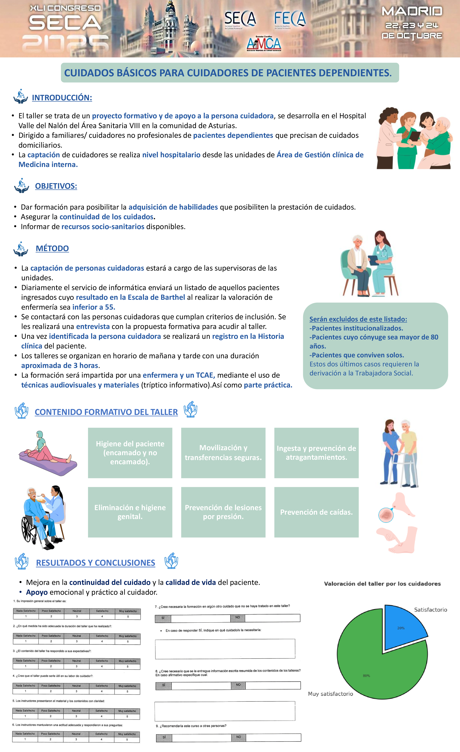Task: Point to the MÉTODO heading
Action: click(52, 248)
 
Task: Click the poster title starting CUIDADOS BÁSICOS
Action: click(228, 73)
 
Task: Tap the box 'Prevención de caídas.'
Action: click(316, 512)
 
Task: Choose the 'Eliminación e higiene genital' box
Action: click(130, 512)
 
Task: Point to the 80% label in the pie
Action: click(366, 676)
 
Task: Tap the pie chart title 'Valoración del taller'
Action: click(382, 584)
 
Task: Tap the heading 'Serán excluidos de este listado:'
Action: click(358, 319)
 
